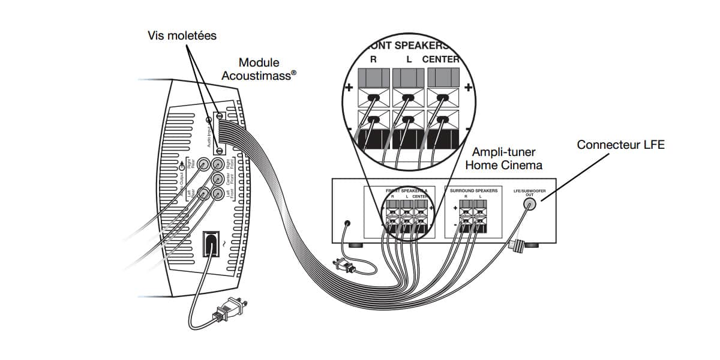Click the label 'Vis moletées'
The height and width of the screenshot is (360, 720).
pos(182,35)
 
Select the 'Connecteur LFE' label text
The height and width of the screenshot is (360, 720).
pos(620,145)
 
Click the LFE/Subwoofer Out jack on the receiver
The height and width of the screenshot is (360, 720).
pos(529,204)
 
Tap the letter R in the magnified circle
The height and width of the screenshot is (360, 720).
pos(373,59)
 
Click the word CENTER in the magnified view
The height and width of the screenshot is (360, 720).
pos(440,59)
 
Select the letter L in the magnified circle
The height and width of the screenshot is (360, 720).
pos(409,59)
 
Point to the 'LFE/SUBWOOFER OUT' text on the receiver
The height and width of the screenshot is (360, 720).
pos(529,193)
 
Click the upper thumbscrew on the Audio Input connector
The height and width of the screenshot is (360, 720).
pos(220,116)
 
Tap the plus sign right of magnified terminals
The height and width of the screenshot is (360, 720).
pos(469,88)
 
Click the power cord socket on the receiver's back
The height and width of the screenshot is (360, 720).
pos(346,224)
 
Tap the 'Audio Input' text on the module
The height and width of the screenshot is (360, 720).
pos(209,133)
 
